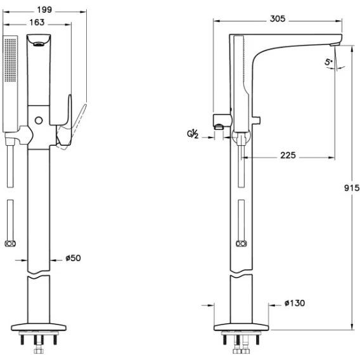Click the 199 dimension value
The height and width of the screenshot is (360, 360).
(x=44, y=10)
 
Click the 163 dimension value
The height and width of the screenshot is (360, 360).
(x=37, y=22)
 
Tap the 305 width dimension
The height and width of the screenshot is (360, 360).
(x=278, y=18)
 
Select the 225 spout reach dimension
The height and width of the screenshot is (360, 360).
(x=288, y=155)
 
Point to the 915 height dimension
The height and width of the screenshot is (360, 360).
(x=352, y=188)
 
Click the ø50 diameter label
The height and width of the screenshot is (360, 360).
(x=74, y=258)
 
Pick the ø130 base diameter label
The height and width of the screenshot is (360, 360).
(x=295, y=303)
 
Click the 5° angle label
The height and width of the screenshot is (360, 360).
(x=328, y=62)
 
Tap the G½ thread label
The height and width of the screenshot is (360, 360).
(x=193, y=134)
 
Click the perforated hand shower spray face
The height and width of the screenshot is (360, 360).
(x=11, y=60)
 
